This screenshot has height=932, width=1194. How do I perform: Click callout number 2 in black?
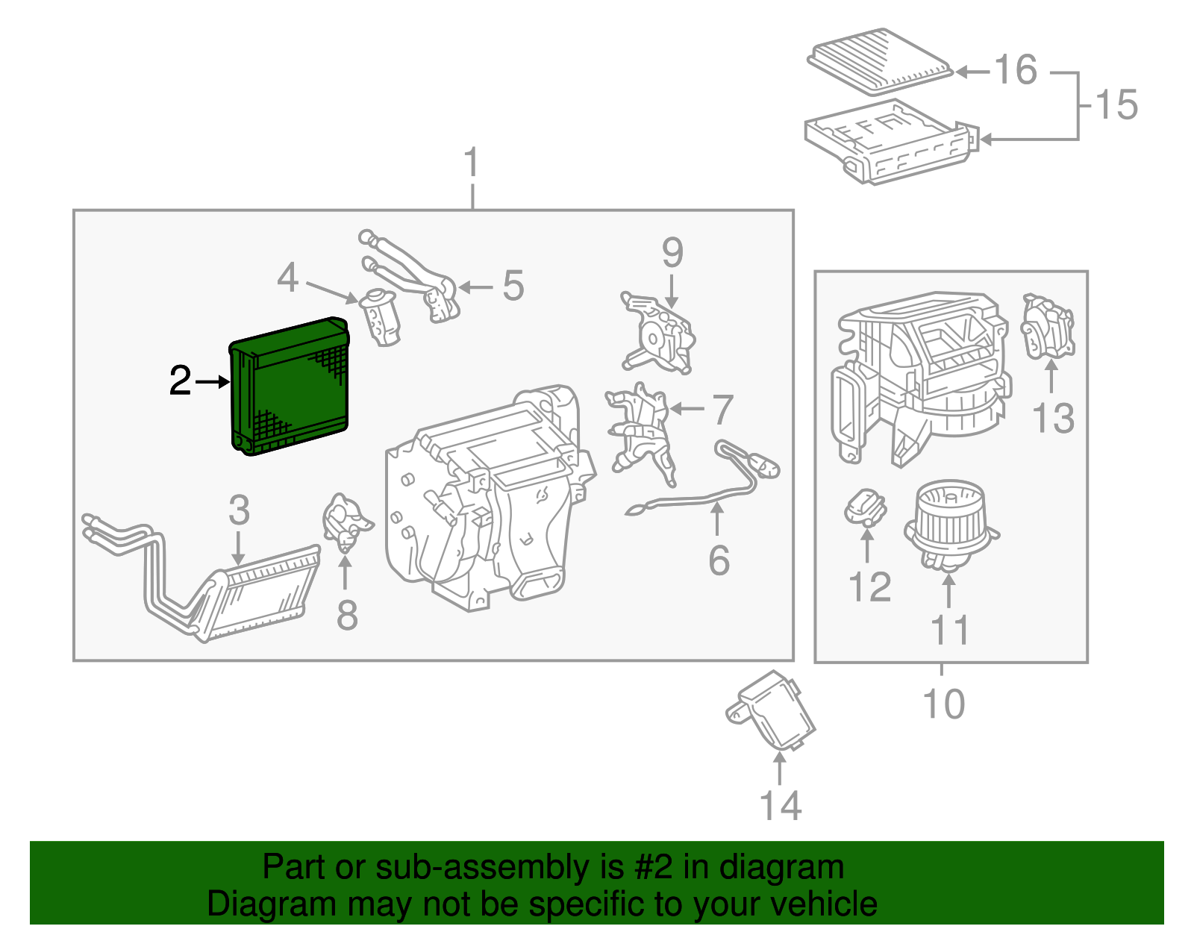pos(180,381)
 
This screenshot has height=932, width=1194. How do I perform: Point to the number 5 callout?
pos(513,286)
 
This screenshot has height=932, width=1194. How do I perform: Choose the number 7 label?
pos(722,410)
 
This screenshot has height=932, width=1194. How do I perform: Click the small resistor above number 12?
pos(865,507)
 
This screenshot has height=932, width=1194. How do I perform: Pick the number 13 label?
pos(1053,419)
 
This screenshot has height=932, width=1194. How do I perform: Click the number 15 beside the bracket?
pos(1116,104)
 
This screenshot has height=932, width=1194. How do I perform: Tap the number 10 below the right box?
pos(943,704)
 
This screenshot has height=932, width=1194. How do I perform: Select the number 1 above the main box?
pos(471,163)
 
